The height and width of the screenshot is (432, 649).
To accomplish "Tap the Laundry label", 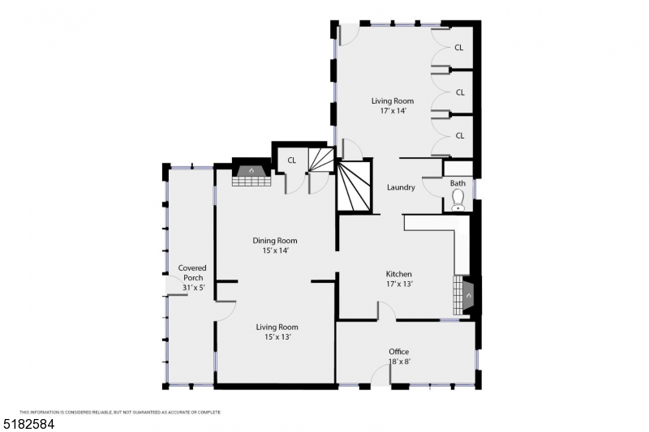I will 401,187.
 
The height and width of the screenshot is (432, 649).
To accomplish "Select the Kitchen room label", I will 398,274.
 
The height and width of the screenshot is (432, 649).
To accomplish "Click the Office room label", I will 398,351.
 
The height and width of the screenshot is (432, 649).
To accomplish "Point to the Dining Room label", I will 274,241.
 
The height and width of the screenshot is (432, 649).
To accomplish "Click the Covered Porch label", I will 192,272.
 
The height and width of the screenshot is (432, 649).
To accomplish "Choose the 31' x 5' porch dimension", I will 192,289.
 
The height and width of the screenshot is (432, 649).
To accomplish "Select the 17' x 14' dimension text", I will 392,111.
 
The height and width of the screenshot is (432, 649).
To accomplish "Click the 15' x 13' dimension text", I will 277,336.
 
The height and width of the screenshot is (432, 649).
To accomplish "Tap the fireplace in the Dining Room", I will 251,175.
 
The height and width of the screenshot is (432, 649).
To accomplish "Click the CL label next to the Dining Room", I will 291,160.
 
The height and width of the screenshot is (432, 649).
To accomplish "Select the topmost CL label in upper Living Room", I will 459,48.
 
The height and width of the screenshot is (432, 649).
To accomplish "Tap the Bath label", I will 458,183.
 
